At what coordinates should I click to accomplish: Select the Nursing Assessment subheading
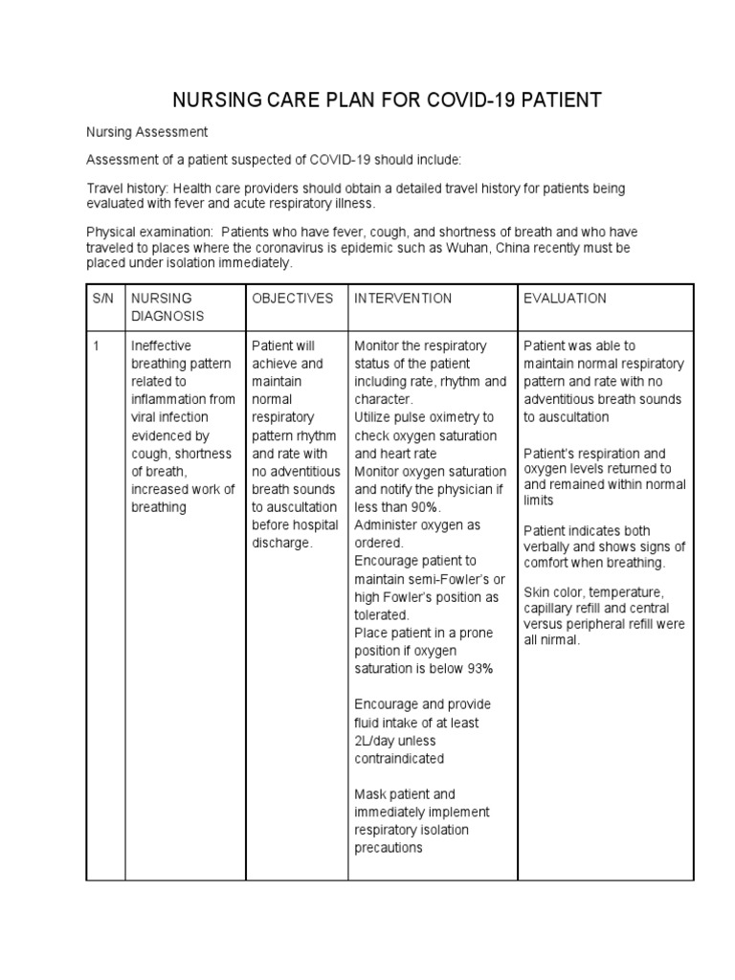[147, 131]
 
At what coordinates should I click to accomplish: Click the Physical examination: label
[149, 233]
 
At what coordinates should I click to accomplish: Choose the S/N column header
[102, 299]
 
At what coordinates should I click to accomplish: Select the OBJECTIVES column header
[292, 299]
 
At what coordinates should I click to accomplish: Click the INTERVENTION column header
[403, 299]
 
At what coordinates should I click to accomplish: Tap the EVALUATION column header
[565, 299]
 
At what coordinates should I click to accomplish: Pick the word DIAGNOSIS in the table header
[167, 316]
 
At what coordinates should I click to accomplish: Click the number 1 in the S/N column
[97, 345]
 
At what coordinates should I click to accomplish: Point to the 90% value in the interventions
[419, 507]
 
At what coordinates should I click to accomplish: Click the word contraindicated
[399, 758]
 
